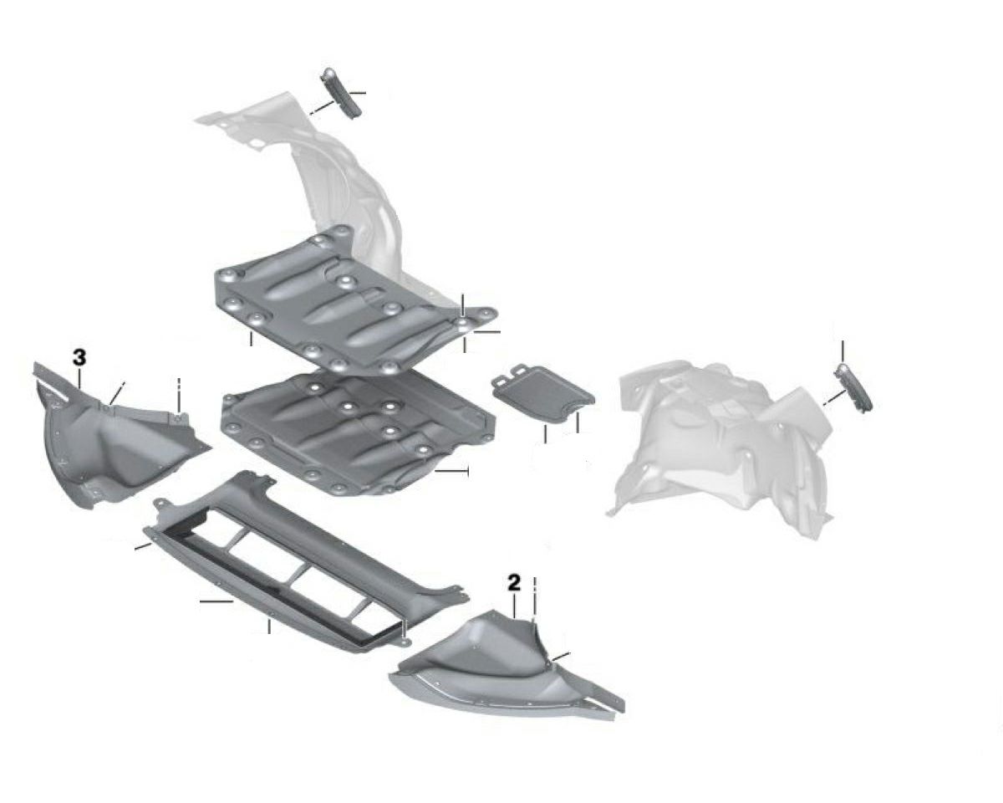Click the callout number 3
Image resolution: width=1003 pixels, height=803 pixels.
pyautogui.click(x=79, y=358)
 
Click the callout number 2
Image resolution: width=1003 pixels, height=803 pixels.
pyautogui.click(x=513, y=583)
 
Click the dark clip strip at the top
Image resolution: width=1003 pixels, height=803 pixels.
pyautogui.click(x=341, y=94)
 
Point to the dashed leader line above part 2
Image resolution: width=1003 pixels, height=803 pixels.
pyautogui.click(x=535, y=598)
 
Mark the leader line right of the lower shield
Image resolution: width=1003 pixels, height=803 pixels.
pyautogui.click(x=451, y=471)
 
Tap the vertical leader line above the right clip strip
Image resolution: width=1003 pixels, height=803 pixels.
pyautogui.click(x=843, y=352)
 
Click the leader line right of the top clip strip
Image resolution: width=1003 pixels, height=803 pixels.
pyautogui.click(x=357, y=94)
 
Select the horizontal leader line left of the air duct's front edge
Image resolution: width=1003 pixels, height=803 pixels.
pyautogui.click(x=216, y=601)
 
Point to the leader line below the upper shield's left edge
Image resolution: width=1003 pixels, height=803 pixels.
pyautogui.click(x=252, y=339)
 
